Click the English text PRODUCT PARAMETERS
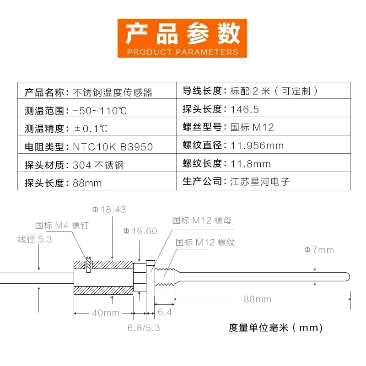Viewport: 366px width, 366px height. (183, 52)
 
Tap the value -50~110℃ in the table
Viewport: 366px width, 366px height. (100, 111)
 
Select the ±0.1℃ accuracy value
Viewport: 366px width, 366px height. (91, 129)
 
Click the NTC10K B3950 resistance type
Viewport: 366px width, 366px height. (113, 147)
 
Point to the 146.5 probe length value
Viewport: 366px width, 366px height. (245, 109)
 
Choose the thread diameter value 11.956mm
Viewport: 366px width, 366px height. (257, 145)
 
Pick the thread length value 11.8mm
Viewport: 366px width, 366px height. (250, 164)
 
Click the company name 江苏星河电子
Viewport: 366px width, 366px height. (260, 182)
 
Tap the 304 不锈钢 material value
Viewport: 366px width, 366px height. (98, 165)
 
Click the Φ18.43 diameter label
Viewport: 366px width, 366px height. (109, 210)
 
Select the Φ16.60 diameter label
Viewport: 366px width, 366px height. (140, 231)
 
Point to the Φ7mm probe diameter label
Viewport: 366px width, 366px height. (319, 250)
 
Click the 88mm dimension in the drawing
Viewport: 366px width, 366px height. (258, 299)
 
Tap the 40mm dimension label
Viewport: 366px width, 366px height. (106, 313)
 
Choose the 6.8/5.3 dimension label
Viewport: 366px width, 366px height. (144, 328)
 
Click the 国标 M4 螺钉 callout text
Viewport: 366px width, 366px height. (62, 226)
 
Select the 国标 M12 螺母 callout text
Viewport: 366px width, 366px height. (202, 221)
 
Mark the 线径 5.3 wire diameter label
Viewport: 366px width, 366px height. (35, 239)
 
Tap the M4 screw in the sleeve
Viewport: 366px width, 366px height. (88, 264)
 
